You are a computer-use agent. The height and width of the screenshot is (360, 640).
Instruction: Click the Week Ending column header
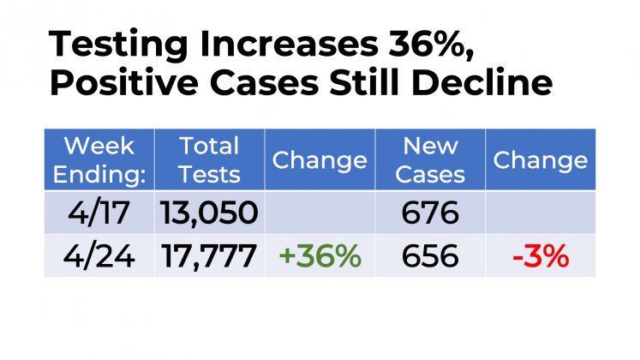(99, 160)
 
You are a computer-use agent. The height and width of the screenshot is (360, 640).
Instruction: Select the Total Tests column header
(210, 160)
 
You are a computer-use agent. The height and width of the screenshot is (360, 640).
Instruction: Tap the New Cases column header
(431, 160)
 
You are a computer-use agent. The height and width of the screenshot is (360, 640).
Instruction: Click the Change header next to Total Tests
(320, 160)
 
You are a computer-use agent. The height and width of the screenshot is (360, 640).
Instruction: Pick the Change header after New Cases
(541, 160)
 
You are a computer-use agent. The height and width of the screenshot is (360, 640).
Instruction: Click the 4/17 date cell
(99, 212)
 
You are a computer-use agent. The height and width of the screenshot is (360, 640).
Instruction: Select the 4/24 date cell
(99, 255)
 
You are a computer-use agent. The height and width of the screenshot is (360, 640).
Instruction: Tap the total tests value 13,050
(208, 212)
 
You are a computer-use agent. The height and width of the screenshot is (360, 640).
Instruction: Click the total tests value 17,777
(208, 255)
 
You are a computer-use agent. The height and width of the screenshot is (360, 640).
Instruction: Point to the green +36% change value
(318, 255)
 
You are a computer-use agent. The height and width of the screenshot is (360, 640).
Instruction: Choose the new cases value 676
(431, 212)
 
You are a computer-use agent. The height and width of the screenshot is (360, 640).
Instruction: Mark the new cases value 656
(431, 255)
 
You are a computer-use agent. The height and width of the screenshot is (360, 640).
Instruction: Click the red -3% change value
(541, 255)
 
